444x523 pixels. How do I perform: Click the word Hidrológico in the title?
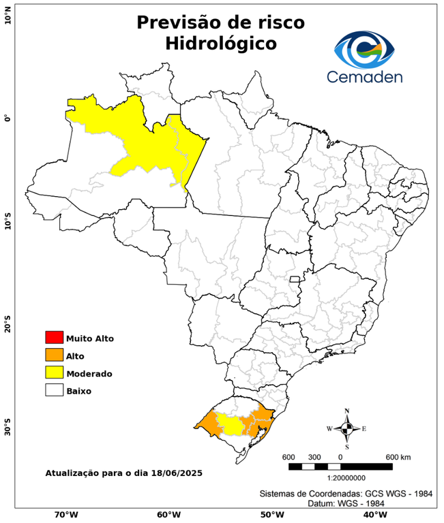point(221,44)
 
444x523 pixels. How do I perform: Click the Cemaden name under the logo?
point(365,76)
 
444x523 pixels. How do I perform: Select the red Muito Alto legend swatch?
point(54,337)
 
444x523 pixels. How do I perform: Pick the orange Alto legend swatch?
point(54,355)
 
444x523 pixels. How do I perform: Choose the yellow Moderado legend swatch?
point(54,373)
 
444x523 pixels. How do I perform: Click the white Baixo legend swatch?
point(54,390)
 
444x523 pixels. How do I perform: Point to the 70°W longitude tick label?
point(65,514)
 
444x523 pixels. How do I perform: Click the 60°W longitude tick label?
point(168,514)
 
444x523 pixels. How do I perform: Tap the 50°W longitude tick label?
point(270,514)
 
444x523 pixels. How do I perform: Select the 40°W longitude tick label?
point(372,514)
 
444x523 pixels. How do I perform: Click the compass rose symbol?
point(346,428)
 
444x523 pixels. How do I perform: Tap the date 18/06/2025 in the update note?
point(175,472)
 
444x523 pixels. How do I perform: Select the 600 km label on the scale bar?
point(399,456)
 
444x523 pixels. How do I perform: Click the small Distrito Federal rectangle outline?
point(295,279)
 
